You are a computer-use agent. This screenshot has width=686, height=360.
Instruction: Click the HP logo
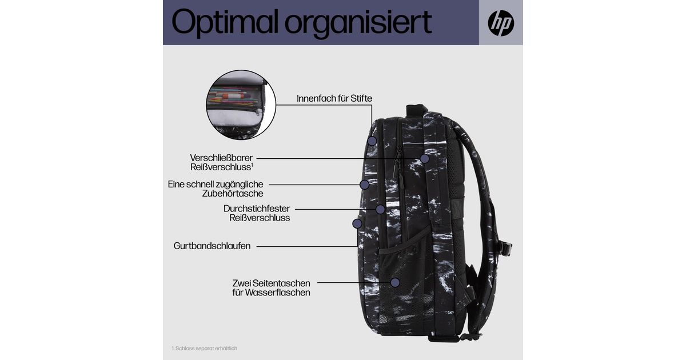point(501,23)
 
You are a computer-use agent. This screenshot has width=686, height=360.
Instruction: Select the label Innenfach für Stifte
point(334,98)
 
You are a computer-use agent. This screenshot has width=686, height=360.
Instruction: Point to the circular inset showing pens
point(241,105)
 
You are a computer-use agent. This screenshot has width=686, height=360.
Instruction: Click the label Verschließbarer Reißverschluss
point(222,162)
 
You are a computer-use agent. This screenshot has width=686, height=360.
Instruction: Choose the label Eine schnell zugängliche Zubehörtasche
point(216,189)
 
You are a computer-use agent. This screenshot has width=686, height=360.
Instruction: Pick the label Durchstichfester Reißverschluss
point(257,213)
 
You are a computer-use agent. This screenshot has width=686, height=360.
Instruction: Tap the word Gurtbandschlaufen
point(212,246)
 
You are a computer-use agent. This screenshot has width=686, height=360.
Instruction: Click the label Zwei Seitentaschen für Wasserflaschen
point(272,287)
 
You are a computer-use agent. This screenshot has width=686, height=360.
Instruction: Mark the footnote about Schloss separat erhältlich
point(204,348)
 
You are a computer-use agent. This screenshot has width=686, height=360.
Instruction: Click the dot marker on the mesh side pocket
point(394,282)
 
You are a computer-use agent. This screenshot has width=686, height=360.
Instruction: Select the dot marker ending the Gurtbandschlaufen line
point(357,223)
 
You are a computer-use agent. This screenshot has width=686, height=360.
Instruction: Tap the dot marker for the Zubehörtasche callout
point(364,185)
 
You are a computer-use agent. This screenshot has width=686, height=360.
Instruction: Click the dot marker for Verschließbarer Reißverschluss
point(424,158)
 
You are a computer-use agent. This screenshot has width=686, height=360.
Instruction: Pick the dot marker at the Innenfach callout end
point(372,140)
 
